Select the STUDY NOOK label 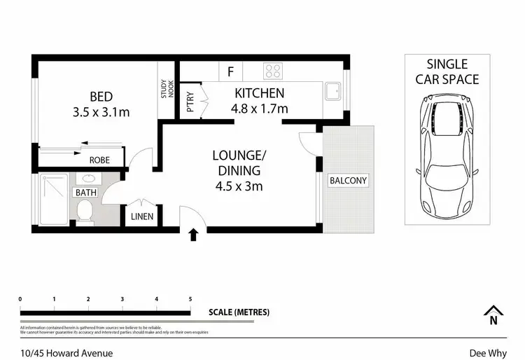point(167,90)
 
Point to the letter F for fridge point(230,71)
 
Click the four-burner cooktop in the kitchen point(272,71)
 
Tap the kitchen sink point(333,90)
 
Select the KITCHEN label point(259,93)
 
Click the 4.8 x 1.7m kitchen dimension point(259,109)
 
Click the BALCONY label point(348,181)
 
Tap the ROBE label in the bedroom point(99,160)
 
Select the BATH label point(86,191)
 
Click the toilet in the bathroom point(85,211)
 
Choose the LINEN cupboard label point(142,216)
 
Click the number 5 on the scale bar point(190,299)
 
